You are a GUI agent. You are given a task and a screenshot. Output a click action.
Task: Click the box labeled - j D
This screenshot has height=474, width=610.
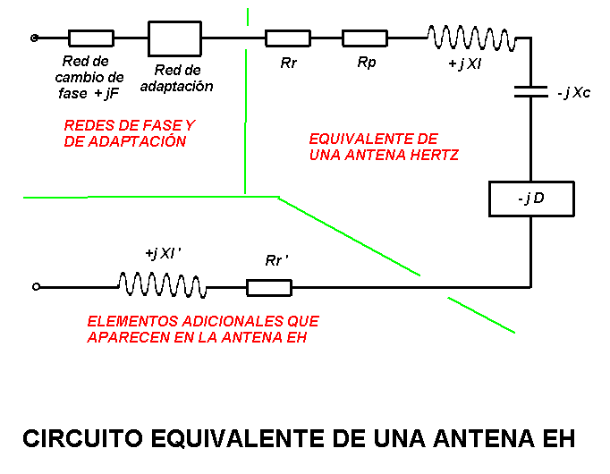531,199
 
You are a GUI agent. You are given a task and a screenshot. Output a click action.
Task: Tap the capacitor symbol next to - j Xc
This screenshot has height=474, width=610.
531,90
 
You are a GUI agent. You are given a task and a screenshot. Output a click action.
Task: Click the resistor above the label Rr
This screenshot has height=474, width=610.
288,38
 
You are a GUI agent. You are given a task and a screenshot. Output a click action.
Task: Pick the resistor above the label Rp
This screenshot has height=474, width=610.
365,38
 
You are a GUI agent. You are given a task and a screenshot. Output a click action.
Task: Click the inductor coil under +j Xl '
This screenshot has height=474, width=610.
162,286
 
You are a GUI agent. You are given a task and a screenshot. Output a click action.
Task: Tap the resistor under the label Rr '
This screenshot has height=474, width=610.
269,287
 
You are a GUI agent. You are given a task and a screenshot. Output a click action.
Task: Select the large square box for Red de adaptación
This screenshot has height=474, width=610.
174,38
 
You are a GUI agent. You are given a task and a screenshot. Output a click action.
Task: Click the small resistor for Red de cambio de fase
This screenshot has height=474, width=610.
91,38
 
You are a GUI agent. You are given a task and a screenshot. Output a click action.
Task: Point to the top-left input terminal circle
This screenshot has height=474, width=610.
35,38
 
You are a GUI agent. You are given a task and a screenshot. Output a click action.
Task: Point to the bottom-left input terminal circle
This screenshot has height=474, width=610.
36,287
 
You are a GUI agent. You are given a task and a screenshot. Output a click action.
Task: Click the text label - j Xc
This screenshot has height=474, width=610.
572,93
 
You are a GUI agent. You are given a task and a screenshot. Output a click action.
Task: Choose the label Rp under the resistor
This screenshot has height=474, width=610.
366,63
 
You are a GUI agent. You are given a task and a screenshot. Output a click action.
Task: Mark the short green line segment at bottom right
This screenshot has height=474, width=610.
481,316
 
